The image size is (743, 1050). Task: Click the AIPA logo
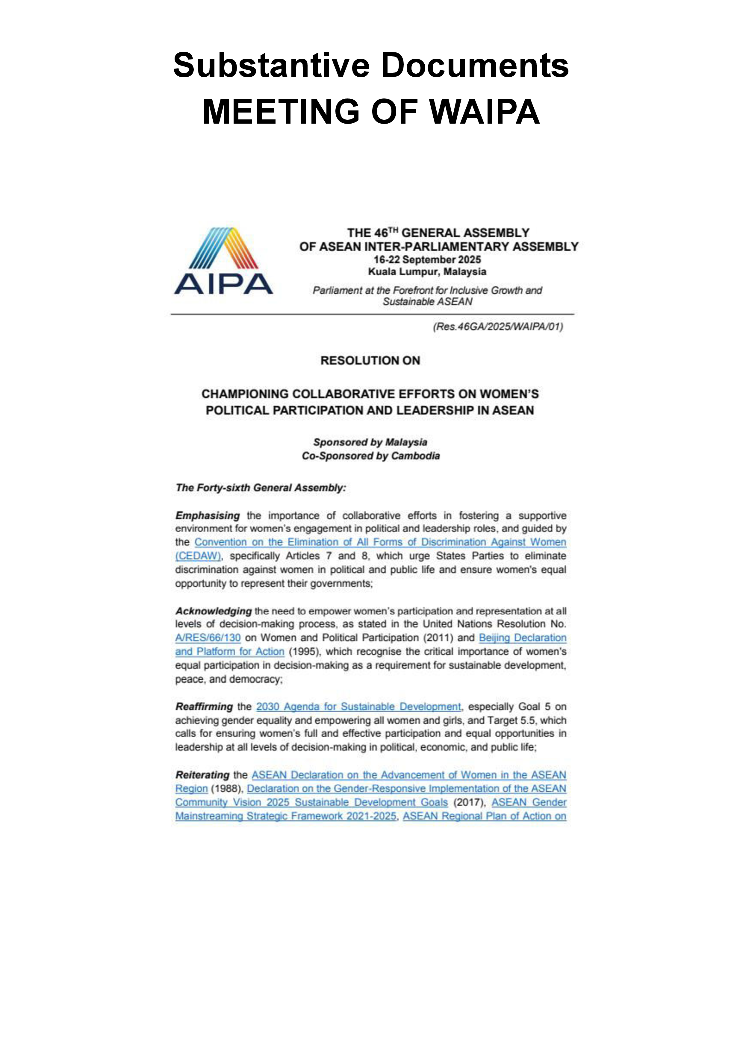223,261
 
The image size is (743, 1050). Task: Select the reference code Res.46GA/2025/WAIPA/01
498,327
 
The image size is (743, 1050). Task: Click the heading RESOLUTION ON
370,360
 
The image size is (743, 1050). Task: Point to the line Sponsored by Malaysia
370,442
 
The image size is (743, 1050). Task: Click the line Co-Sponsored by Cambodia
370,456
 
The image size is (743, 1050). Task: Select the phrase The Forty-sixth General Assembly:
261,488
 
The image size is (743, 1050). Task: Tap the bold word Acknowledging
213,611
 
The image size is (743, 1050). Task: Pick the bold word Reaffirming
204,707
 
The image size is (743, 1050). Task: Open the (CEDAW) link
198,556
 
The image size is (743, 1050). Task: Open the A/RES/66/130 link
208,638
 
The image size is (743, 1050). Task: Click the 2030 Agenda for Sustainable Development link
358,707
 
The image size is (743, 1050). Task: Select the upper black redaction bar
370,64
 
